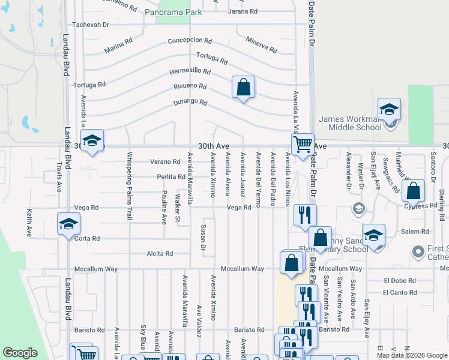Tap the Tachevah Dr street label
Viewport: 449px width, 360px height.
click(x=90, y=25)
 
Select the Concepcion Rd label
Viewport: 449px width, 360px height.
click(x=190, y=41)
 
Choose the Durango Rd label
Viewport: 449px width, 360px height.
click(x=190, y=102)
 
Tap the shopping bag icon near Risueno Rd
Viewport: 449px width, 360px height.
click(x=243, y=88)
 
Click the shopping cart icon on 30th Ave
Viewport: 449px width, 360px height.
click(x=303, y=144)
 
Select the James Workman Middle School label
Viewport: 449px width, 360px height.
click(x=349, y=123)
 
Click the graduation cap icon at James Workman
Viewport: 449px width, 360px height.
click(x=389, y=110)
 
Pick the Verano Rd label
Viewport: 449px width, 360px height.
click(x=165, y=161)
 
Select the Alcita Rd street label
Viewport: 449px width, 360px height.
click(x=160, y=254)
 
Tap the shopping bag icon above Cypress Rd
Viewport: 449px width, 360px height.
click(x=414, y=191)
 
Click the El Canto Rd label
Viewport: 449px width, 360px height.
click(x=400, y=292)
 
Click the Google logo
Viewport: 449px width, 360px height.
click(x=20, y=353)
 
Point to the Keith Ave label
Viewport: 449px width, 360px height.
click(x=28, y=223)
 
